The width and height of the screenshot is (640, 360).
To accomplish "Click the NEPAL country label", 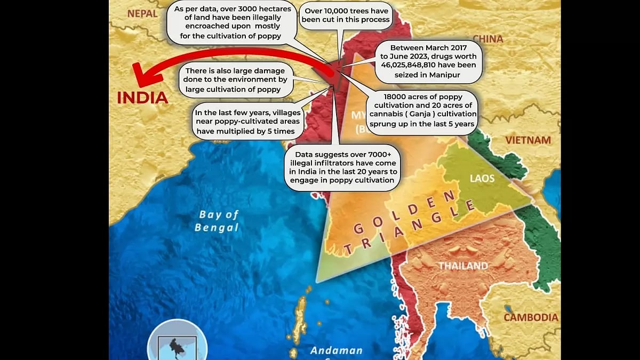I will [x=142, y=13].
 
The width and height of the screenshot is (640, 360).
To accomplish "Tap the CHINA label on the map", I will [x=487, y=39].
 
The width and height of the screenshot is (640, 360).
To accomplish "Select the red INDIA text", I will [x=142, y=98].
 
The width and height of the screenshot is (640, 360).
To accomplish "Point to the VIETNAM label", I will [x=528, y=140].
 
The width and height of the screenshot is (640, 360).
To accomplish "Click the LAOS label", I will [x=482, y=178].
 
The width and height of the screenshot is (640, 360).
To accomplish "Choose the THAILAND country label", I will [x=463, y=265].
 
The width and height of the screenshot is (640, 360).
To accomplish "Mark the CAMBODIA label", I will [x=531, y=317].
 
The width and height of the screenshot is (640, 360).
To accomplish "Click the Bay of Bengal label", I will [x=218, y=221].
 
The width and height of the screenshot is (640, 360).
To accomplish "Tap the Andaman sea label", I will [x=337, y=351].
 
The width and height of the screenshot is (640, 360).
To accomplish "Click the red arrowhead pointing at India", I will [x=144, y=75].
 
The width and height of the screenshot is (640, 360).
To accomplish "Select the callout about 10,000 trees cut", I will [x=347, y=15].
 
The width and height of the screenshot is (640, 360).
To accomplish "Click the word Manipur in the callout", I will [x=444, y=75].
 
